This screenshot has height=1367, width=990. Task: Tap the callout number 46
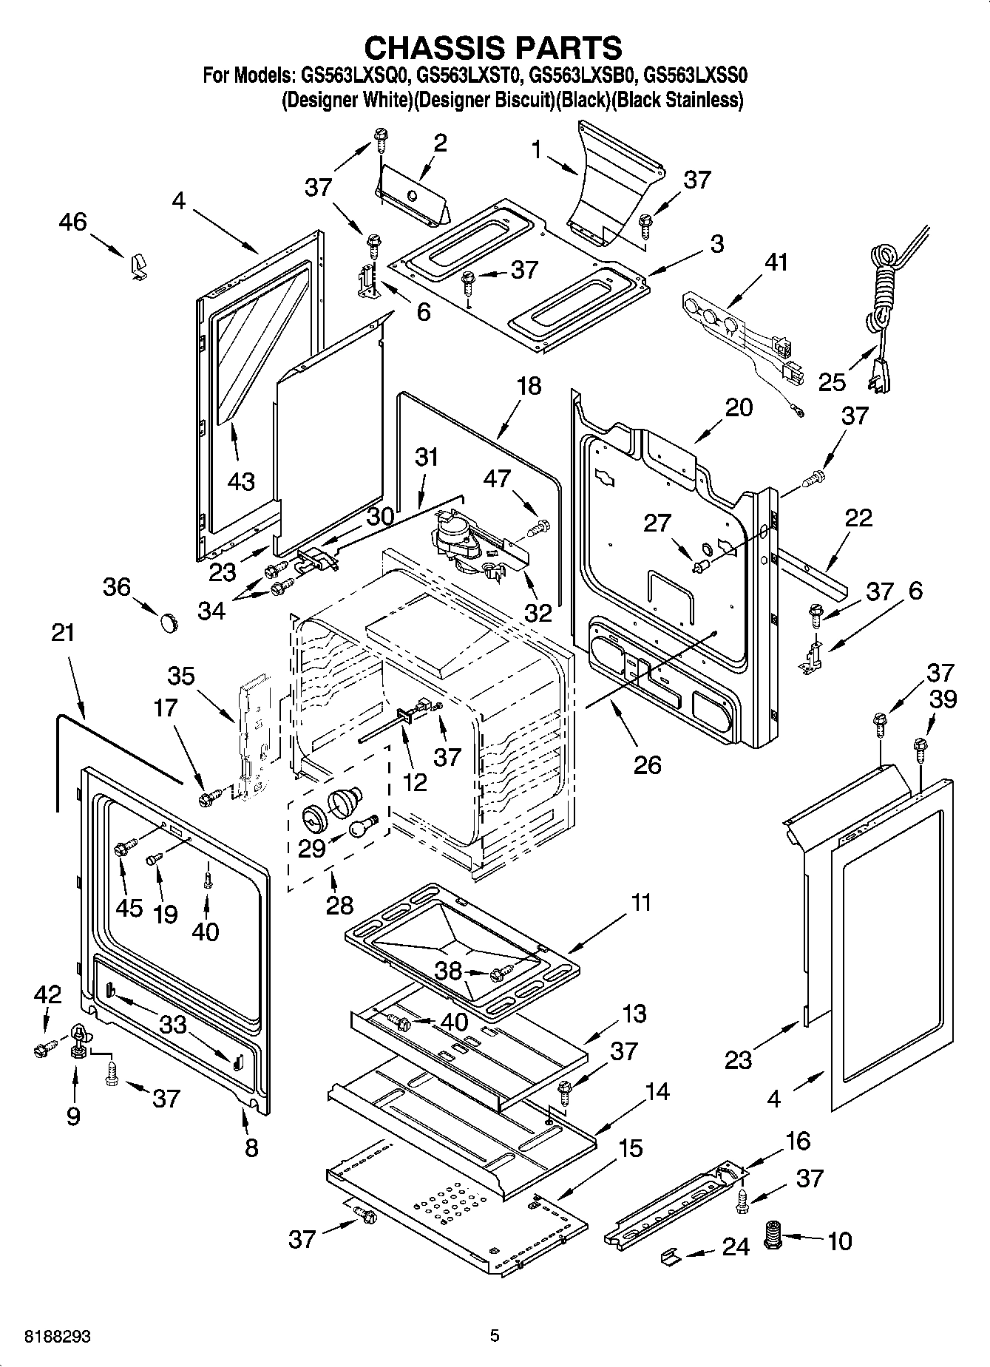coord(73,222)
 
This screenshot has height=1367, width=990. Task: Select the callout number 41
coord(776,263)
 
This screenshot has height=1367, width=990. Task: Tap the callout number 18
coord(529,386)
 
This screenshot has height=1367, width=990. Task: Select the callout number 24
coord(736,1247)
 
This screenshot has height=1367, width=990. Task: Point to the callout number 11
coord(641,903)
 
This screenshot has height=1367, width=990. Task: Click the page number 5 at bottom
coord(495,1335)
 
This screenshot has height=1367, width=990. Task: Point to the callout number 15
coord(630,1148)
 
